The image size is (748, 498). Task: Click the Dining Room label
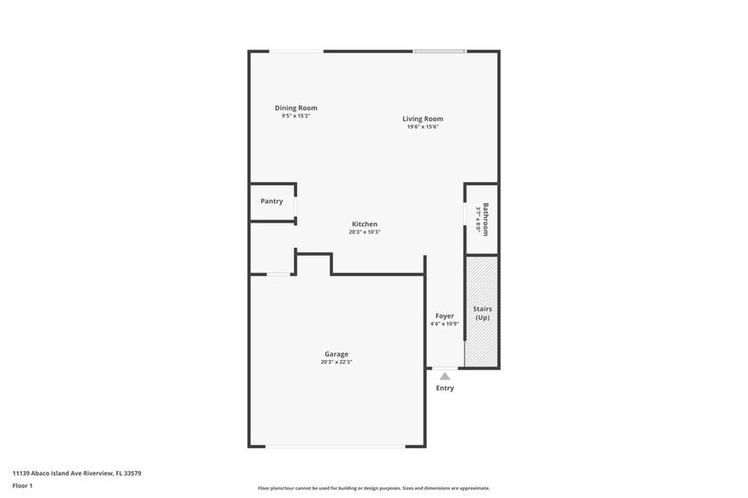pos(296,108)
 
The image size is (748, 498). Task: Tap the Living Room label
pos(422,119)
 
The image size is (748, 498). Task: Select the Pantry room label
pos(271,202)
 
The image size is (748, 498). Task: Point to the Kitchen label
pos(365,224)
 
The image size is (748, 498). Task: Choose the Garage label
pos(336,354)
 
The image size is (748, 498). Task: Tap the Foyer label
pos(444,316)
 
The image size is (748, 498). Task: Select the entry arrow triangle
pos(444,374)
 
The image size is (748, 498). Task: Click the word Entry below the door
pos(444,388)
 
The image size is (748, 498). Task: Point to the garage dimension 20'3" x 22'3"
pos(336,362)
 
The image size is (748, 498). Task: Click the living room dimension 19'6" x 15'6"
pos(422,127)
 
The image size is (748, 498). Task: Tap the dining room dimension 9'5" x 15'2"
pos(296,116)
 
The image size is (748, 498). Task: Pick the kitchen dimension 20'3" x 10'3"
pos(365,232)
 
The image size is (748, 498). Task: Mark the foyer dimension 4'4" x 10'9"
pos(444,324)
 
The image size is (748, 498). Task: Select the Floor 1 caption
pos(22,485)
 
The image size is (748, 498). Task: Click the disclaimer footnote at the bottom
pos(374,489)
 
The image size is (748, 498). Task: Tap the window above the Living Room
pos(439,52)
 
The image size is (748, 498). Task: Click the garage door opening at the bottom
pos(336,445)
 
